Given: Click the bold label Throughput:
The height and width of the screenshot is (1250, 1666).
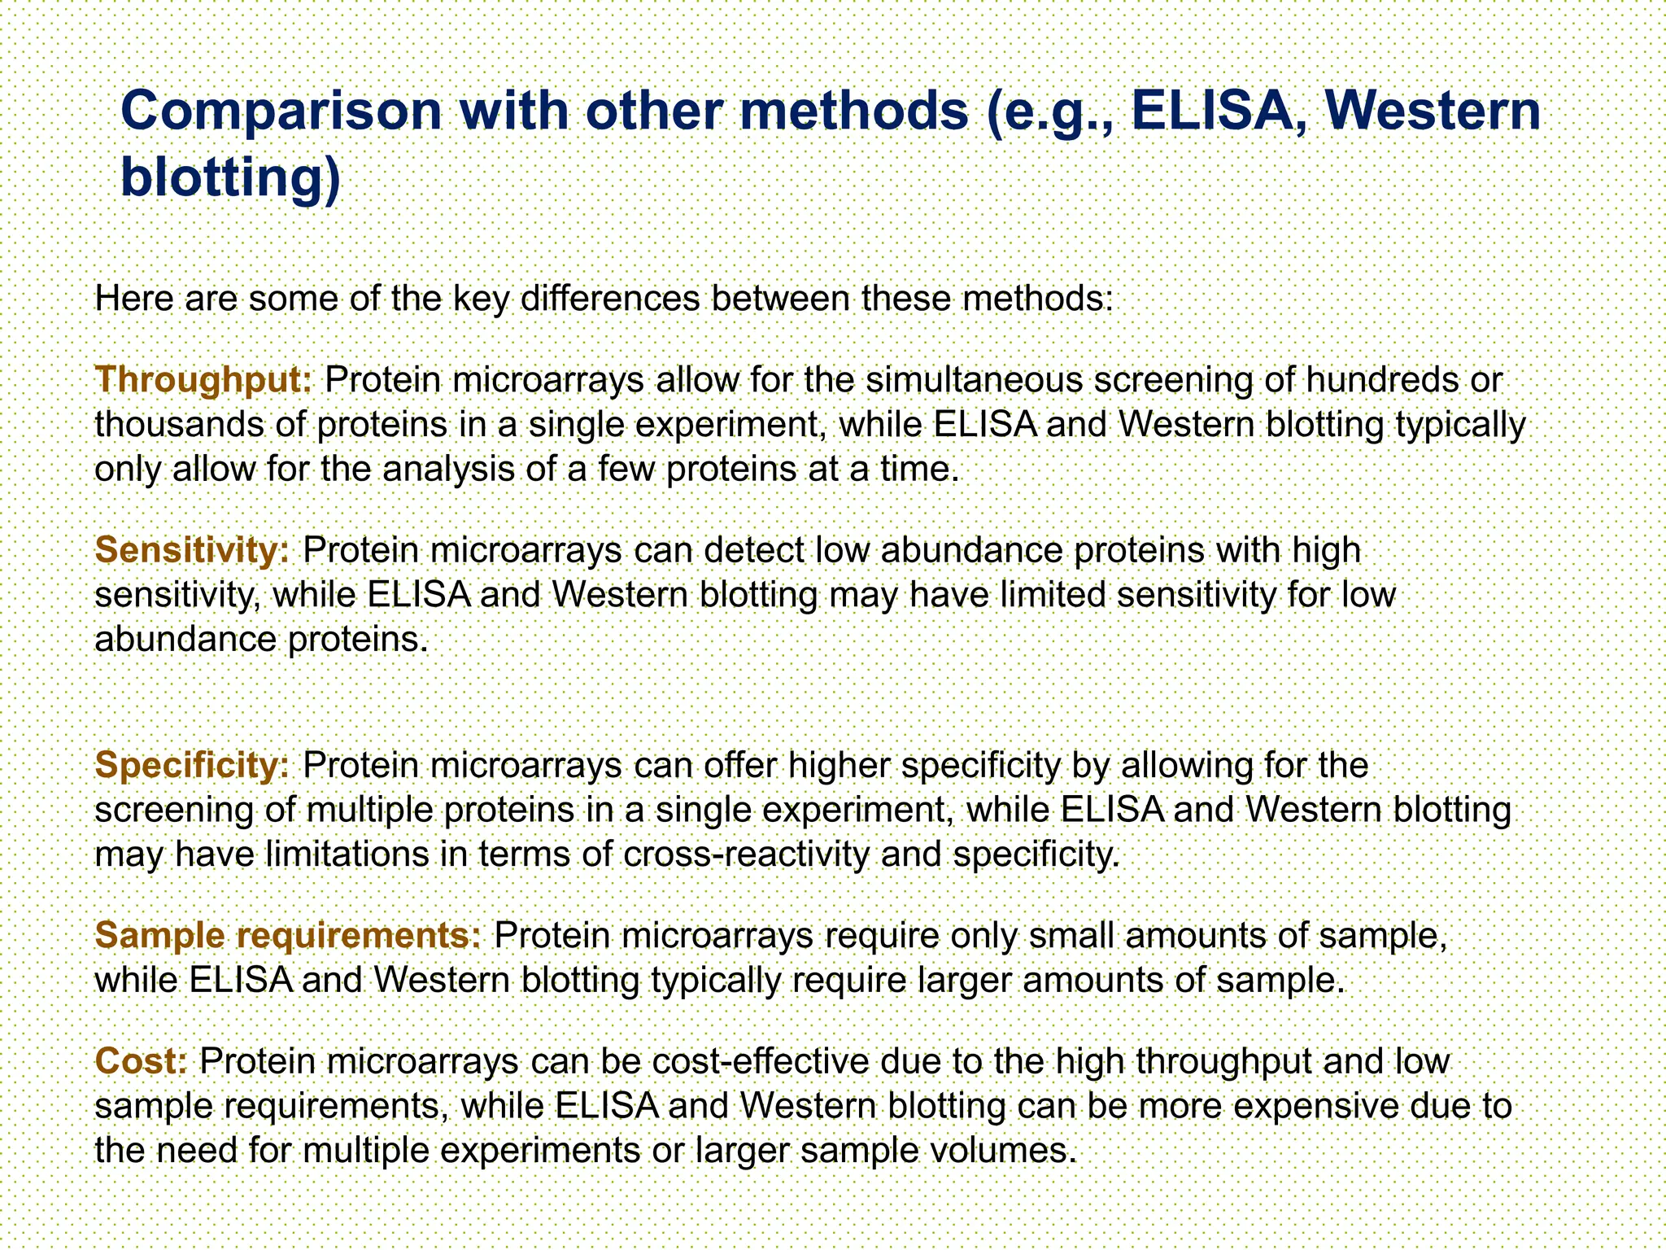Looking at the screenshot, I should point(203,380).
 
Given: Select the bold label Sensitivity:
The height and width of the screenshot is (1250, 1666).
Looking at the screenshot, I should point(192,551).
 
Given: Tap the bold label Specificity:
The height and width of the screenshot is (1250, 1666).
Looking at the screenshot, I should point(192,766).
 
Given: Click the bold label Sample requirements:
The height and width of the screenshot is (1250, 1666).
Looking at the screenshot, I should point(289,936).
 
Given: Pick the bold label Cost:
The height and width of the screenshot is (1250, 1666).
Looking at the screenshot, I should point(142,1061).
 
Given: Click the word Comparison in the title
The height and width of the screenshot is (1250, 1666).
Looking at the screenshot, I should point(281,111).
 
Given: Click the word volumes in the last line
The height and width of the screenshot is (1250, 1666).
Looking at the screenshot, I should point(1002,1151).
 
